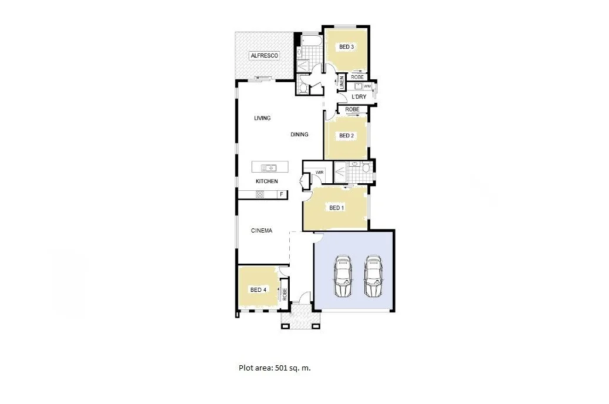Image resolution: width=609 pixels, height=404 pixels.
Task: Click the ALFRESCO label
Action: (264, 55)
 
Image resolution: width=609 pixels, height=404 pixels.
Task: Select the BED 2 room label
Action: (346, 136)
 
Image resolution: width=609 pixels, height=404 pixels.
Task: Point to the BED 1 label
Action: (336, 208)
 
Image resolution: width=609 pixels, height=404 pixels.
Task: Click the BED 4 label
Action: (258, 289)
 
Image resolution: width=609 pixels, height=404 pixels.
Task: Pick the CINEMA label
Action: (262, 231)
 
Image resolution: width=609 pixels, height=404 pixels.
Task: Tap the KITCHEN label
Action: (266, 181)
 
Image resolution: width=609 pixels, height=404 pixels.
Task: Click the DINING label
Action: (299, 134)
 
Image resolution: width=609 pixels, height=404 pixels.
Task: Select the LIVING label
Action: (262, 118)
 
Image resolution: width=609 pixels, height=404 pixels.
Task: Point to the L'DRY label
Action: (359, 96)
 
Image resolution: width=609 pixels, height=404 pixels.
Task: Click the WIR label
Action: (320, 172)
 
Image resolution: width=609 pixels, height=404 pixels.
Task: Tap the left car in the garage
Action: (343, 277)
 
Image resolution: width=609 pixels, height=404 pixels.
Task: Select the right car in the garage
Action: (373, 277)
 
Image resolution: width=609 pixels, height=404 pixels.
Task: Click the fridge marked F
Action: (282, 194)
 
